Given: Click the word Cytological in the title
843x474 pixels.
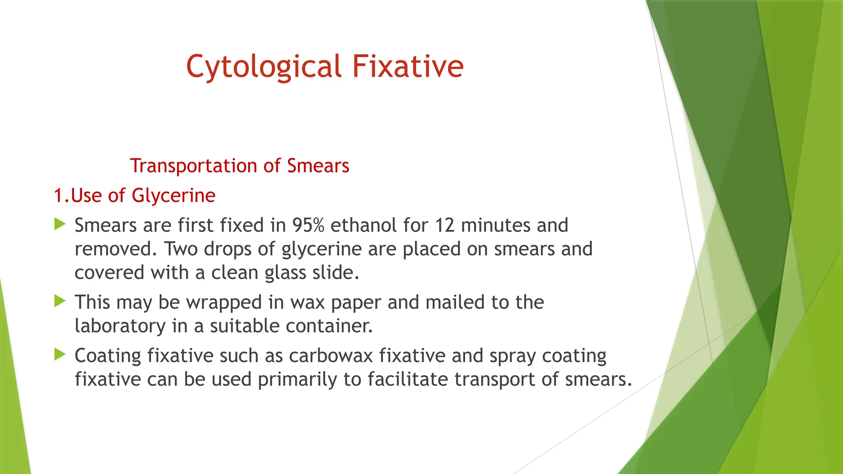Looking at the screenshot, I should click(x=263, y=67).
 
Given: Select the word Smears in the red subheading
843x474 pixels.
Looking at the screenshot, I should click(x=318, y=166).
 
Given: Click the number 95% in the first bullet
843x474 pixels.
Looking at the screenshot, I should click(x=308, y=225).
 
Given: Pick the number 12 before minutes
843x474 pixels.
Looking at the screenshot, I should click(x=445, y=225).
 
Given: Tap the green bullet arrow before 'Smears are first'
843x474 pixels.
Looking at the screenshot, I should click(x=60, y=225).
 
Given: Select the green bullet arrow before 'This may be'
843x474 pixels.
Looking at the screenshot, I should click(x=60, y=302).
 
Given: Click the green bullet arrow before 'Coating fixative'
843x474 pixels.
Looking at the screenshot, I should click(x=60, y=354).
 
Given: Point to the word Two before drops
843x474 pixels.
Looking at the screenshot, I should click(x=181, y=249).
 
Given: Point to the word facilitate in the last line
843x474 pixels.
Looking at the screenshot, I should click(x=408, y=379).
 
